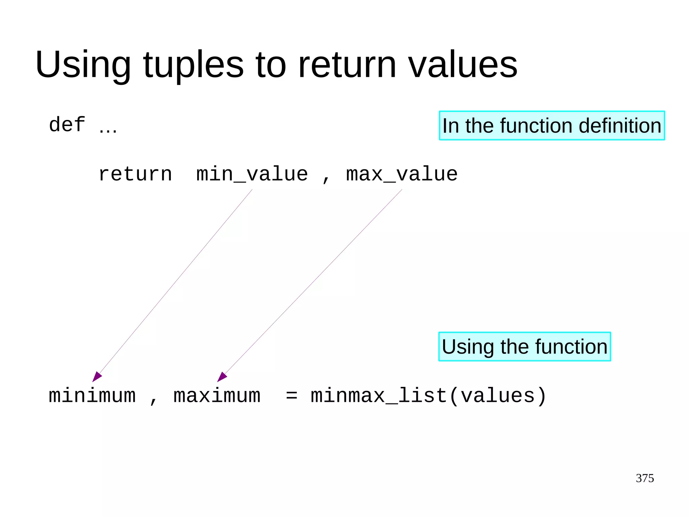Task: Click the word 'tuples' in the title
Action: (193, 65)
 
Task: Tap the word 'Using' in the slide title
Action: (83, 65)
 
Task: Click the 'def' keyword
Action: (67, 125)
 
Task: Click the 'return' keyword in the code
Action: (135, 174)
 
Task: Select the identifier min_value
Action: (252, 174)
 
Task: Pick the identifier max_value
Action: (402, 174)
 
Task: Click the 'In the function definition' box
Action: (552, 126)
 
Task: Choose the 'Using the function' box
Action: (524, 347)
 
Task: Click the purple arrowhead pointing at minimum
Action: (97, 377)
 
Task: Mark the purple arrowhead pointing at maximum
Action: (222, 377)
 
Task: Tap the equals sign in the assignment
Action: (292, 396)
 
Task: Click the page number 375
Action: (645, 478)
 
